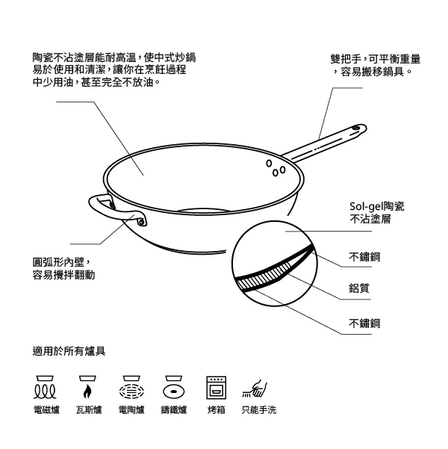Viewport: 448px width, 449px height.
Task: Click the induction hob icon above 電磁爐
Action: tap(45, 388)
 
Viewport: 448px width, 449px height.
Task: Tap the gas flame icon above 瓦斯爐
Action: tap(87, 388)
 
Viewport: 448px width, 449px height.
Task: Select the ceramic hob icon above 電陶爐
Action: tap(131, 388)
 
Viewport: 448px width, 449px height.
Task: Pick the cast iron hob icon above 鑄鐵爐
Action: tap(174, 388)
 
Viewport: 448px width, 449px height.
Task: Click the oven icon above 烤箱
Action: tap(217, 388)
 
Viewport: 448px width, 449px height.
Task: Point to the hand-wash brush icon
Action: tap(255, 389)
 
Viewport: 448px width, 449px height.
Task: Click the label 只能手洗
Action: tap(259, 410)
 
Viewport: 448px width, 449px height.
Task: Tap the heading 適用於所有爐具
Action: tap(69, 351)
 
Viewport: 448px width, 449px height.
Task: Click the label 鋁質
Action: tap(359, 288)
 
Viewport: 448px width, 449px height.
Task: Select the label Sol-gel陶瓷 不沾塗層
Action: tap(376, 212)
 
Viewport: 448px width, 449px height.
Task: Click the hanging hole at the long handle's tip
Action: tap(356, 128)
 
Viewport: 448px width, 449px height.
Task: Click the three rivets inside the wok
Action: tap(276, 168)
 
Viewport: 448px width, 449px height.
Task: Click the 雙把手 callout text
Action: tap(376, 65)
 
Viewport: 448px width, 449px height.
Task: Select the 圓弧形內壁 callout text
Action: tap(63, 268)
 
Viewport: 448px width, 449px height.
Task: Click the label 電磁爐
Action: tap(46, 410)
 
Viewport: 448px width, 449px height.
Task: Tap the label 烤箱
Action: tap(217, 410)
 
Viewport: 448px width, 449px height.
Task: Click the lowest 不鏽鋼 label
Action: tap(364, 323)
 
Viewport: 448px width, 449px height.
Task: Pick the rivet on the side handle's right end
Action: tap(141, 222)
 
